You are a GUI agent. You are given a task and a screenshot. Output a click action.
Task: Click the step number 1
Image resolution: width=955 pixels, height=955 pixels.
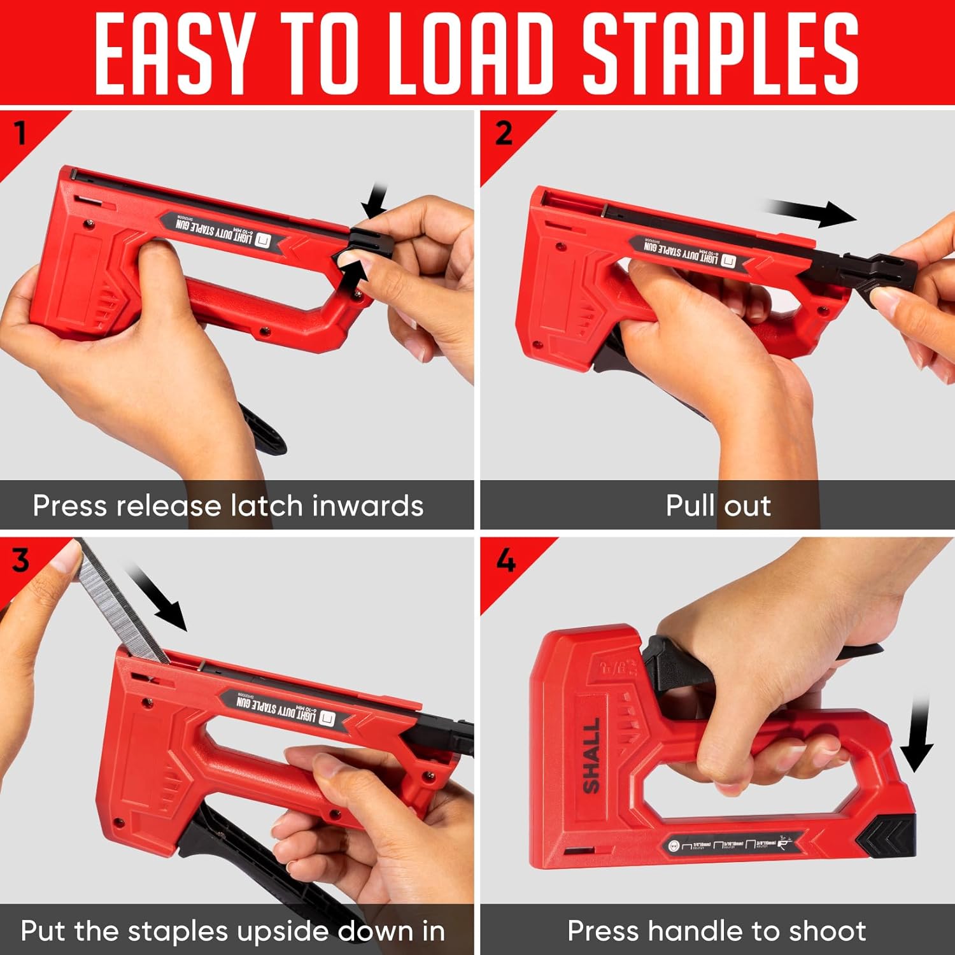tap(21, 133)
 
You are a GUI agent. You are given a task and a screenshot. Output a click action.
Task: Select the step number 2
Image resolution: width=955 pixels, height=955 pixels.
tap(504, 133)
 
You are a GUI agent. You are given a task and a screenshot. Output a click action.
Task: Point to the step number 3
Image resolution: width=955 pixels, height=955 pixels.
tap(20, 561)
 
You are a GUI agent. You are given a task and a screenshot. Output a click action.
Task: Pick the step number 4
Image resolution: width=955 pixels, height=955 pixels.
tap(506, 561)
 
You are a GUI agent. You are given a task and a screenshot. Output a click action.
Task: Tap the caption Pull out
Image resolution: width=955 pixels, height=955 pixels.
tap(718, 506)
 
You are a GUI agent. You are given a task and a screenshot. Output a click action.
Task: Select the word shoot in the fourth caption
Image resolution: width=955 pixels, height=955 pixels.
tap(827, 931)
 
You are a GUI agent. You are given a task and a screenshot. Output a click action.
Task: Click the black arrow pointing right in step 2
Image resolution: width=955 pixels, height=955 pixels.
tap(812, 213)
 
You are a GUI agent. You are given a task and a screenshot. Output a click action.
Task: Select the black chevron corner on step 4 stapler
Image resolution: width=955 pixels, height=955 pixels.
tap(888, 834)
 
